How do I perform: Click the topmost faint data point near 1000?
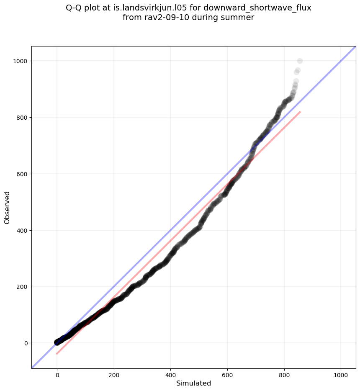pyautogui.click(x=300, y=61)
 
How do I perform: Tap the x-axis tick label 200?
pyautogui.click(x=114, y=375)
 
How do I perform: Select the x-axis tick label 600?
pyautogui.click(x=227, y=375)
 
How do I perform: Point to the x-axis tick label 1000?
pyautogui.click(x=341, y=375)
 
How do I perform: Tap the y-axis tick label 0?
pyautogui.click(x=25, y=343)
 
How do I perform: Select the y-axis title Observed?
pyautogui.click(x=7, y=208)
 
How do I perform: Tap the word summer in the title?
pyautogui.click(x=239, y=18)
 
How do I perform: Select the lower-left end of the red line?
pyautogui.click(x=57, y=354)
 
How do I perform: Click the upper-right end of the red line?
pyautogui.click(x=300, y=112)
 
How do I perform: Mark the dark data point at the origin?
pyautogui.click(x=57, y=342)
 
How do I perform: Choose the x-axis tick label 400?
pyautogui.click(x=171, y=375)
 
